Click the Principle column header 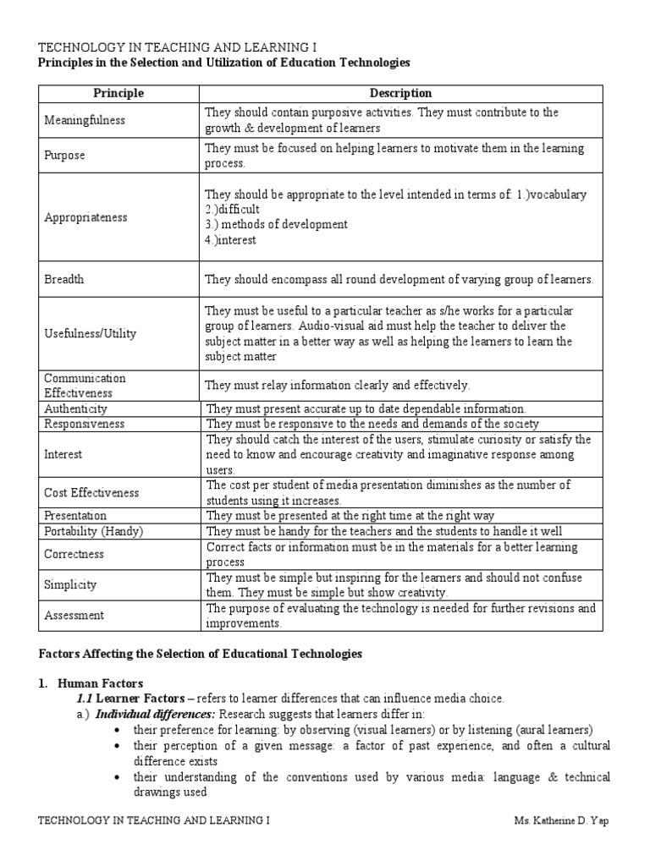119,94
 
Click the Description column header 401,94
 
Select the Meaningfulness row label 85,120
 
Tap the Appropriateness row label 86,217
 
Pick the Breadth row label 64,279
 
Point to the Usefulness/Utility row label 91,334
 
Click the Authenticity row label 76,408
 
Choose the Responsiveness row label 85,423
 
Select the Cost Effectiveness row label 91,492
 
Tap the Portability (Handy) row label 94,531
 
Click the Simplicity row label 70,584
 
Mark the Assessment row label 74,616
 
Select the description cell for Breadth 399,279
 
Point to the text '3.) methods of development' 277,225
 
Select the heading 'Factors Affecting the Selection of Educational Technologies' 201,654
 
